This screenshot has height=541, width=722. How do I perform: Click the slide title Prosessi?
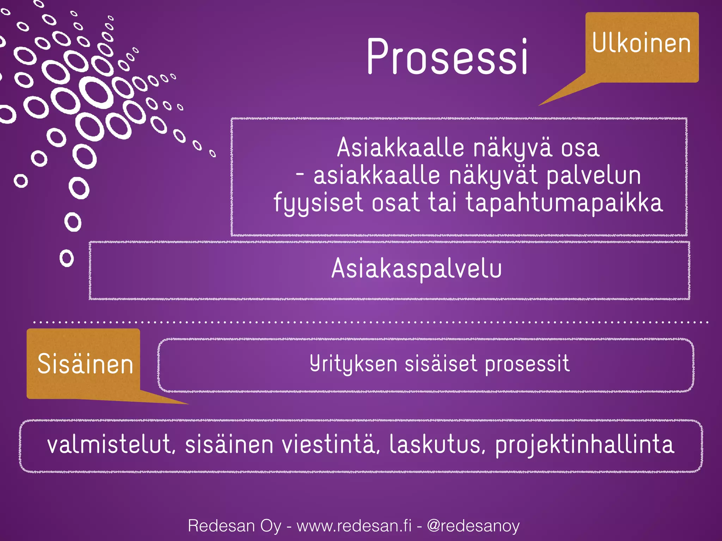pyautogui.click(x=447, y=56)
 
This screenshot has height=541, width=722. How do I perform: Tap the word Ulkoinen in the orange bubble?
pyautogui.click(x=641, y=43)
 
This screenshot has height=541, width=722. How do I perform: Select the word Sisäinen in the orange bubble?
pyautogui.click(x=85, y=364)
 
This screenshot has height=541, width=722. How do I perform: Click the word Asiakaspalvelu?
pyautogui.click(x=416, y=269)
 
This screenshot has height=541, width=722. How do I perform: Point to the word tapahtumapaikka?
pyautogui.click(x=564, y=203)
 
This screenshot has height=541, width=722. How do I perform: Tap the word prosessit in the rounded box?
pyautogui.click(x=527, y=363)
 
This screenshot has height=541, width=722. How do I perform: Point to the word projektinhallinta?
pyautogui.click(x=585, y=445)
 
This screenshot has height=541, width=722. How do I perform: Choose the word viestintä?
pyautogui.click(x=330, y=444)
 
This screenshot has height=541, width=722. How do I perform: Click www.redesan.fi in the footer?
pyautogui.click(x=354, y=526)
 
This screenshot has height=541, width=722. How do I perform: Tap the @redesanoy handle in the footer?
pyautogui.click(x=473, y=526)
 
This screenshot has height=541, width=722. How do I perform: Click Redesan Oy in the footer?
pyautogui.click(x=234, y=526)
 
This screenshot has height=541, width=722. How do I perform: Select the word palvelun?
pyautogui.click(x=593, y=176)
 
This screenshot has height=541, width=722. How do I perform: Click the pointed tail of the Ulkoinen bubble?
pyautogui.click(x=550, y=100)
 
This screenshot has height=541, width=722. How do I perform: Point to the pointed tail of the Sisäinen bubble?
pyautogui.click(x=176, y=401)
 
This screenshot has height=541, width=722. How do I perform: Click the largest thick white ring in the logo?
pyautogui.click(x=96, y=92)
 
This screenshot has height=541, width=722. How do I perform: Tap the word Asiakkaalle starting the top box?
pyautogui.click(x=400, y=148)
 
